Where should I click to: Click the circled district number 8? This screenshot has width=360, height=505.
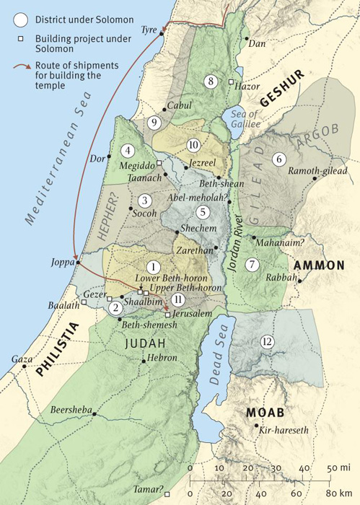[211, 81]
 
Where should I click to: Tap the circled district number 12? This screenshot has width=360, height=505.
[267, 341]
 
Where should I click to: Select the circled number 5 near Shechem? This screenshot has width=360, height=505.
[203, 211]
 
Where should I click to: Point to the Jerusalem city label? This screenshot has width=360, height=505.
[191, 315]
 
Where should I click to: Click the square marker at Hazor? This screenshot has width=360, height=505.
[231, 83]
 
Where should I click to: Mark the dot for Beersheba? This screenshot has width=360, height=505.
[94, 416]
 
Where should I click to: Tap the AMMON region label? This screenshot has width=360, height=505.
[319, 265]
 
